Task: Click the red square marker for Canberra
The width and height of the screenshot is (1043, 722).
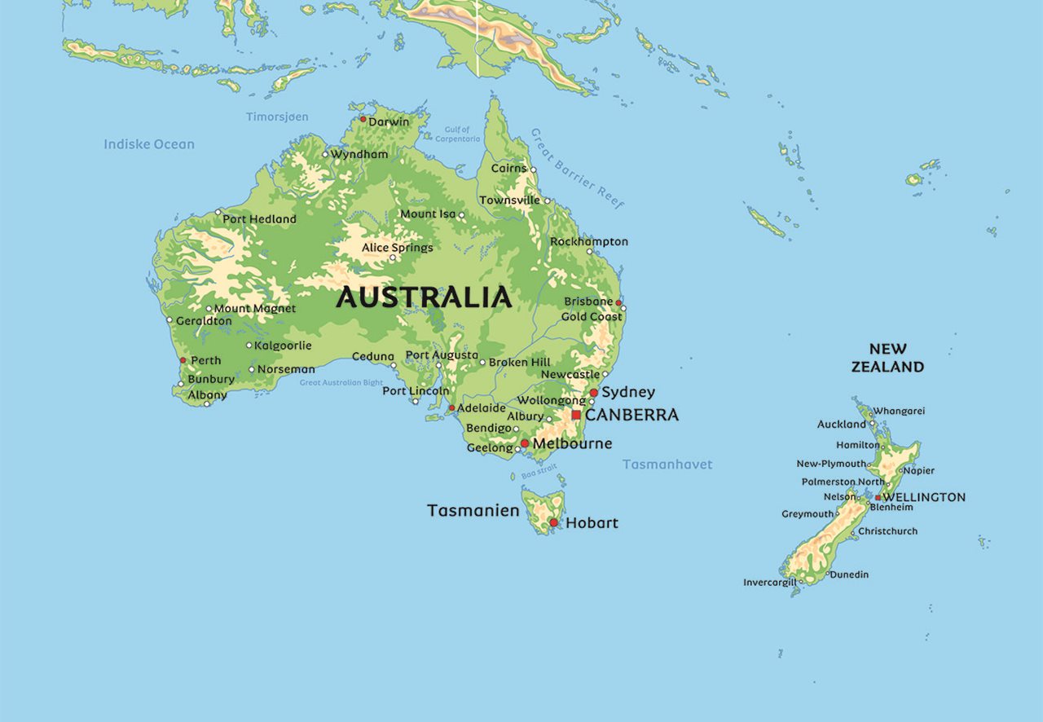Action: (576, 415)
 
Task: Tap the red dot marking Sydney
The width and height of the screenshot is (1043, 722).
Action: (594, 393)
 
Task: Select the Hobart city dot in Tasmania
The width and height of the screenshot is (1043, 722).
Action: (553, 522)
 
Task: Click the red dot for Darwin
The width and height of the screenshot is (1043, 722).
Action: (363, 119)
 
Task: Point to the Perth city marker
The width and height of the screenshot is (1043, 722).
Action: (183, 360)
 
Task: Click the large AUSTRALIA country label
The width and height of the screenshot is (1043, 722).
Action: (424, 297)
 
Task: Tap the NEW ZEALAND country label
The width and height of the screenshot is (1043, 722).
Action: (887, 358)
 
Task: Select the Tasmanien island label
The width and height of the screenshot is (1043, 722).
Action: (473, 511)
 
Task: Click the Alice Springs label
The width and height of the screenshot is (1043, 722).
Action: (398, 247)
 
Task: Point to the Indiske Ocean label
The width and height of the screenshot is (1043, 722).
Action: (149, 144)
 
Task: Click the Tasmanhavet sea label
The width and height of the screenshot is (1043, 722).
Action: (667, 464)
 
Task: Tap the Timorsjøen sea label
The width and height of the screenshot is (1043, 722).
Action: (277, 117)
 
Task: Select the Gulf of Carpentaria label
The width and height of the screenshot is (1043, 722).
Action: (457, 134)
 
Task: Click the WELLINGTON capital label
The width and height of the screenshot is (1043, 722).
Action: (925, 497)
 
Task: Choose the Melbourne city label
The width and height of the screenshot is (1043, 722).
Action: (572, 443)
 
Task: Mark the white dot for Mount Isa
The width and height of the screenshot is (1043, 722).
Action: (461, 216)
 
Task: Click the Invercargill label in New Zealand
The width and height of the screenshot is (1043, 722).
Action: (768, 583)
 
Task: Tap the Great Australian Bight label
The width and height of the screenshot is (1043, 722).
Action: (341, 382)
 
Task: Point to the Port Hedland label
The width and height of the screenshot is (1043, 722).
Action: (259, 219)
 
